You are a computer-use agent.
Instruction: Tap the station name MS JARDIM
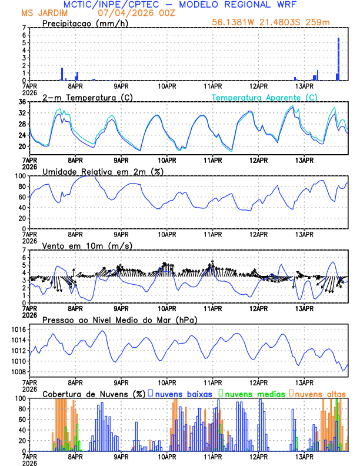click(x=44, y=12)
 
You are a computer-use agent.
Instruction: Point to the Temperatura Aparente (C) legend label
click(x=264, y=97)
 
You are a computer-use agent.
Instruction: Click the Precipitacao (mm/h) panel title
click(x=84, y=23)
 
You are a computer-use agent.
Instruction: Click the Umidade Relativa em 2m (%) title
click(x=102, y=171)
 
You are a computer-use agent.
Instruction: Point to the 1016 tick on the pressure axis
click(x=18, y=329)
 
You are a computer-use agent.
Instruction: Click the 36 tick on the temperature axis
click(x=22, y=102)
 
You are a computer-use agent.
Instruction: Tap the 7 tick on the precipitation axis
click(x=24, y=28)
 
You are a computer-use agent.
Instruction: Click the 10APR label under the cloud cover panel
click(x=167, y=456)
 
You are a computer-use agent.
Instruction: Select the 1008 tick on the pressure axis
click(x=18, y=372)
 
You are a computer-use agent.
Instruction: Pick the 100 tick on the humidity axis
click(x=20, y=176)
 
